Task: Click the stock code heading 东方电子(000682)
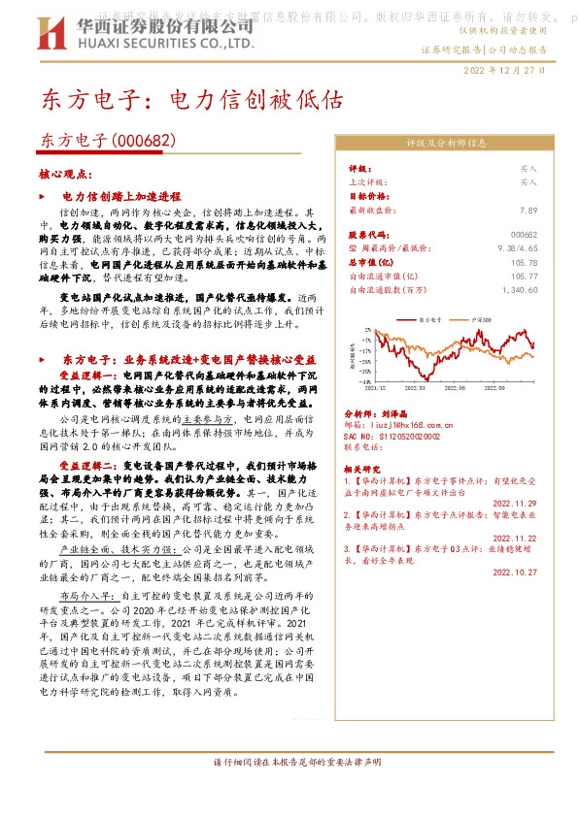tap(108, 141)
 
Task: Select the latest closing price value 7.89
tap(528, 209)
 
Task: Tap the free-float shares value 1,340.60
tap(520, 289)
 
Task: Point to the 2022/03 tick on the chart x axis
tap(417, 385)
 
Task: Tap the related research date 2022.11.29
tap(515, 504)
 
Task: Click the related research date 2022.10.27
tap(515, 572)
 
